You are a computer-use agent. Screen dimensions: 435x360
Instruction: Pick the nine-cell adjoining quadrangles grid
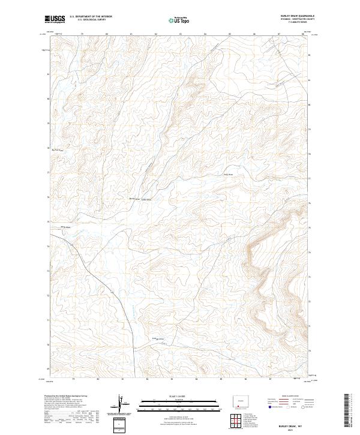click(x=238, y=420)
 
